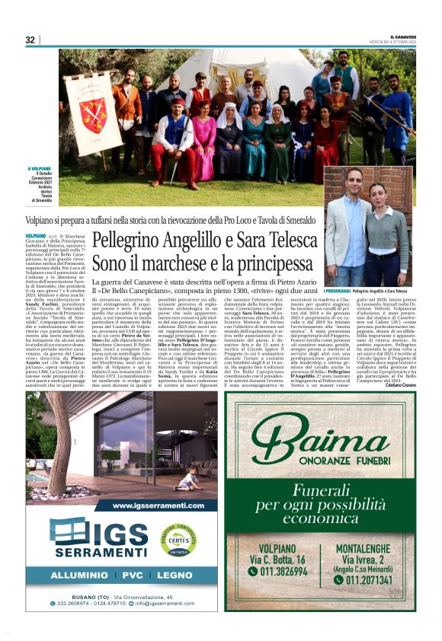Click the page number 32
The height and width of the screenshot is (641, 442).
coord(30,40)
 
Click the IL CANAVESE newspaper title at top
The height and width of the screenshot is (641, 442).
coord(403,37)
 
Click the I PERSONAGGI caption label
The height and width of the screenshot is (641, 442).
coord(337,291)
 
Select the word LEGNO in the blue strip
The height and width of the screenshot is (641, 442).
coord(176,576)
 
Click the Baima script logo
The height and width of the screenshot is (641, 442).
coord(320,442)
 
